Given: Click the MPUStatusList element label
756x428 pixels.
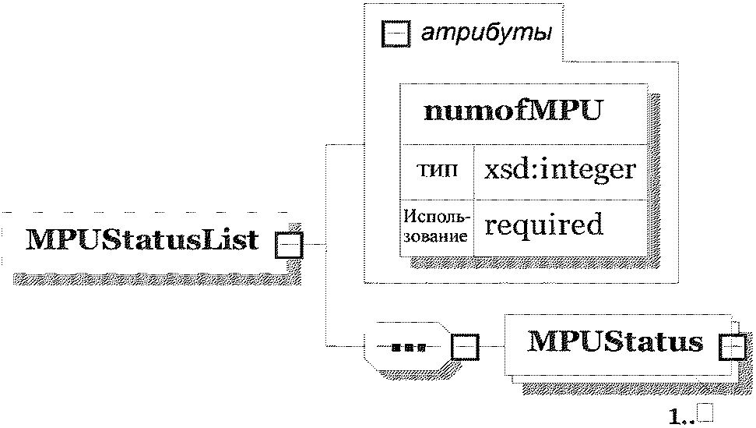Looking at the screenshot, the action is tap(142, 240).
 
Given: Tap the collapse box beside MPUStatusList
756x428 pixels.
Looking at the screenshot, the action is tap(289, 245).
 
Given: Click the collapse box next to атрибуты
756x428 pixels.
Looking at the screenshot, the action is tap(396, 34).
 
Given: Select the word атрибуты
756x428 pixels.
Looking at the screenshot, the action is tap(487, 32).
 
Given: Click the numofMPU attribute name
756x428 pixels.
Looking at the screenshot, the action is tap(513, 111).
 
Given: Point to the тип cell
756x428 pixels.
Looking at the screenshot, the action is tap(437, 170).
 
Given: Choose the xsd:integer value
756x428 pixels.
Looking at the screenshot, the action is tap(560, 170).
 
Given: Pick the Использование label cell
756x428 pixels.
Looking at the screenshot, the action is tap(436, 226).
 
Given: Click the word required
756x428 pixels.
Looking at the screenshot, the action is tap(543, 225).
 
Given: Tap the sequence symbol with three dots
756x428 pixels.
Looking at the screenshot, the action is tap(409, 347).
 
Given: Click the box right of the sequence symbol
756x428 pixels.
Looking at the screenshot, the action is tap(466, 347).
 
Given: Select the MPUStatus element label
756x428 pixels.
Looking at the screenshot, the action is tap(616, 341).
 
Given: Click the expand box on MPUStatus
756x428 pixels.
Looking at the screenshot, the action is tap(732, 348).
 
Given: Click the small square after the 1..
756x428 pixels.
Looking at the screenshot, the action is tap(707, 413).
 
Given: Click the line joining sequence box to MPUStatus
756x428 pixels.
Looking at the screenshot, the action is tap(492, 347).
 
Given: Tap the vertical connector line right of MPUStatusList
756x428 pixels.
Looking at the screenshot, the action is tap(326, 245).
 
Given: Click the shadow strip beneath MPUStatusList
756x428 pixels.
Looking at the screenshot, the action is tap(157, 279).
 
